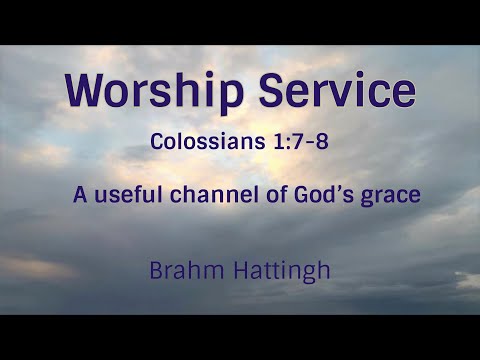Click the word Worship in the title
[x=150, y=92]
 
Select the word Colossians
[x=206, y=141]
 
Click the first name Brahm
[x=181, y=269]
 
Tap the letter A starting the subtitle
[x=79, y=194]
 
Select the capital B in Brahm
[x=155, y=269]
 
